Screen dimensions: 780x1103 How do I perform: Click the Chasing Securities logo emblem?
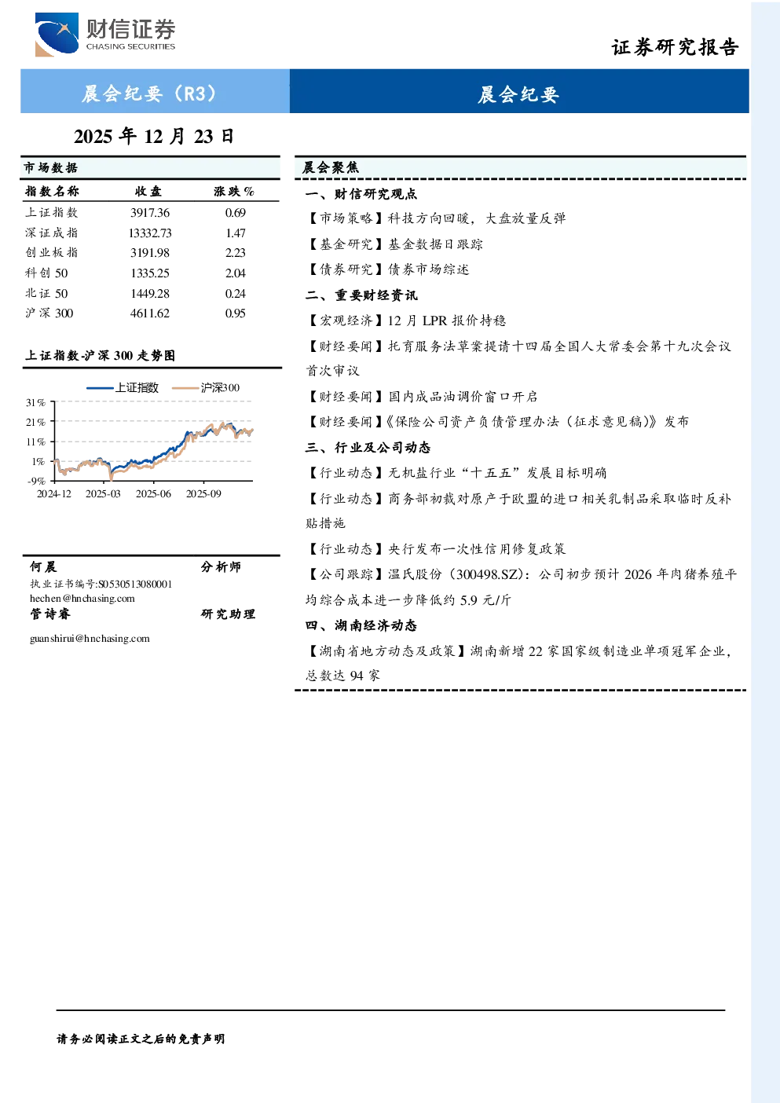[x=57, y=35]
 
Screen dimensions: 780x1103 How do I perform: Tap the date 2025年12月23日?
[x=154, y=137]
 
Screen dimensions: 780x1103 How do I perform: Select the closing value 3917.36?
[x=150, y=213]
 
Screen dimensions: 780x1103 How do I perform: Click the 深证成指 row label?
[x=52, y=233]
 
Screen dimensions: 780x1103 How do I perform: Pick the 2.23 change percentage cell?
[x=236, y=253]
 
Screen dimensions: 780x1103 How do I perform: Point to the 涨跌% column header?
[x=234, y=191]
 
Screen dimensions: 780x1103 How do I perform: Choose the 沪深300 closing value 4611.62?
[x=150, y=313]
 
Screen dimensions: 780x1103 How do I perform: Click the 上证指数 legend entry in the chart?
[x=123, y=387]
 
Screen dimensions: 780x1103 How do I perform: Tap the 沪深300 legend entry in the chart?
[x=206, y=387]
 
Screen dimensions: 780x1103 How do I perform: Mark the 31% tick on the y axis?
[x=35, y=402]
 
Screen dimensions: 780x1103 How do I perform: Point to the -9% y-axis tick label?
[x=36, y=481]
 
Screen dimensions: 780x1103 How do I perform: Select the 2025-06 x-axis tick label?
[x=153, y=493]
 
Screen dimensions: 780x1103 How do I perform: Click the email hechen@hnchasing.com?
[x=82, y=599]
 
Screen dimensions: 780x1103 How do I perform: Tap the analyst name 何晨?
[x=43, y=566]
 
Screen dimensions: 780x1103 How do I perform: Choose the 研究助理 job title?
[x=228, y=614]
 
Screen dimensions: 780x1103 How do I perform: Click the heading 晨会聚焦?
[x=331, y=167]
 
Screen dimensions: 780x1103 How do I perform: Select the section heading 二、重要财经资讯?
[x=361, y=295]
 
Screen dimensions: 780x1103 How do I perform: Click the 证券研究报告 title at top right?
[x=675, y=47]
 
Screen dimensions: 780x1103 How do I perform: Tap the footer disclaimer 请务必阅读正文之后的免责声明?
[x=141, y=1039]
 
